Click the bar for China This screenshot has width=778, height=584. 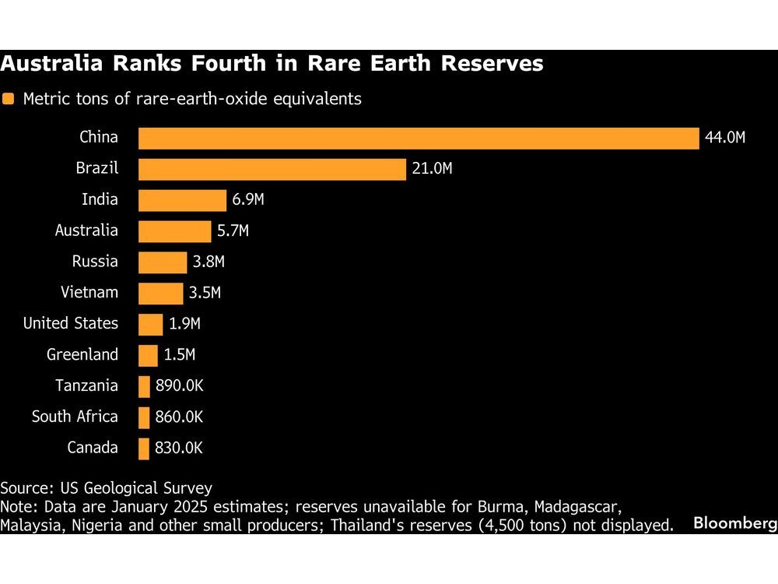click(419, 138)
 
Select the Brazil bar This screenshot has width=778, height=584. click(272, 169)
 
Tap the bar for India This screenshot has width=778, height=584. click(182, 200)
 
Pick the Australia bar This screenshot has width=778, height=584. click(174, 231)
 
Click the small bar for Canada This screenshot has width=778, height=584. click(144, 449)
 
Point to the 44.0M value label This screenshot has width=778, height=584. click(725, 138)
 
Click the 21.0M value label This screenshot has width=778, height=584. click(432, 169)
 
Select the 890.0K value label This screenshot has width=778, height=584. click(178, 386)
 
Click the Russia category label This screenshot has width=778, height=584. click(95, 262)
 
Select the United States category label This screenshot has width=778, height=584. click(71, 323)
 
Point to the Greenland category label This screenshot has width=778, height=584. click(82, 355)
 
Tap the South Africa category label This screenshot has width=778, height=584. click(75, 417)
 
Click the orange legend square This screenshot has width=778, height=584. click(9, 100)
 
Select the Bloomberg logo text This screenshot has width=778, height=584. click(733, 524)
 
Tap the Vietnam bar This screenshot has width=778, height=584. click(160, 294)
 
